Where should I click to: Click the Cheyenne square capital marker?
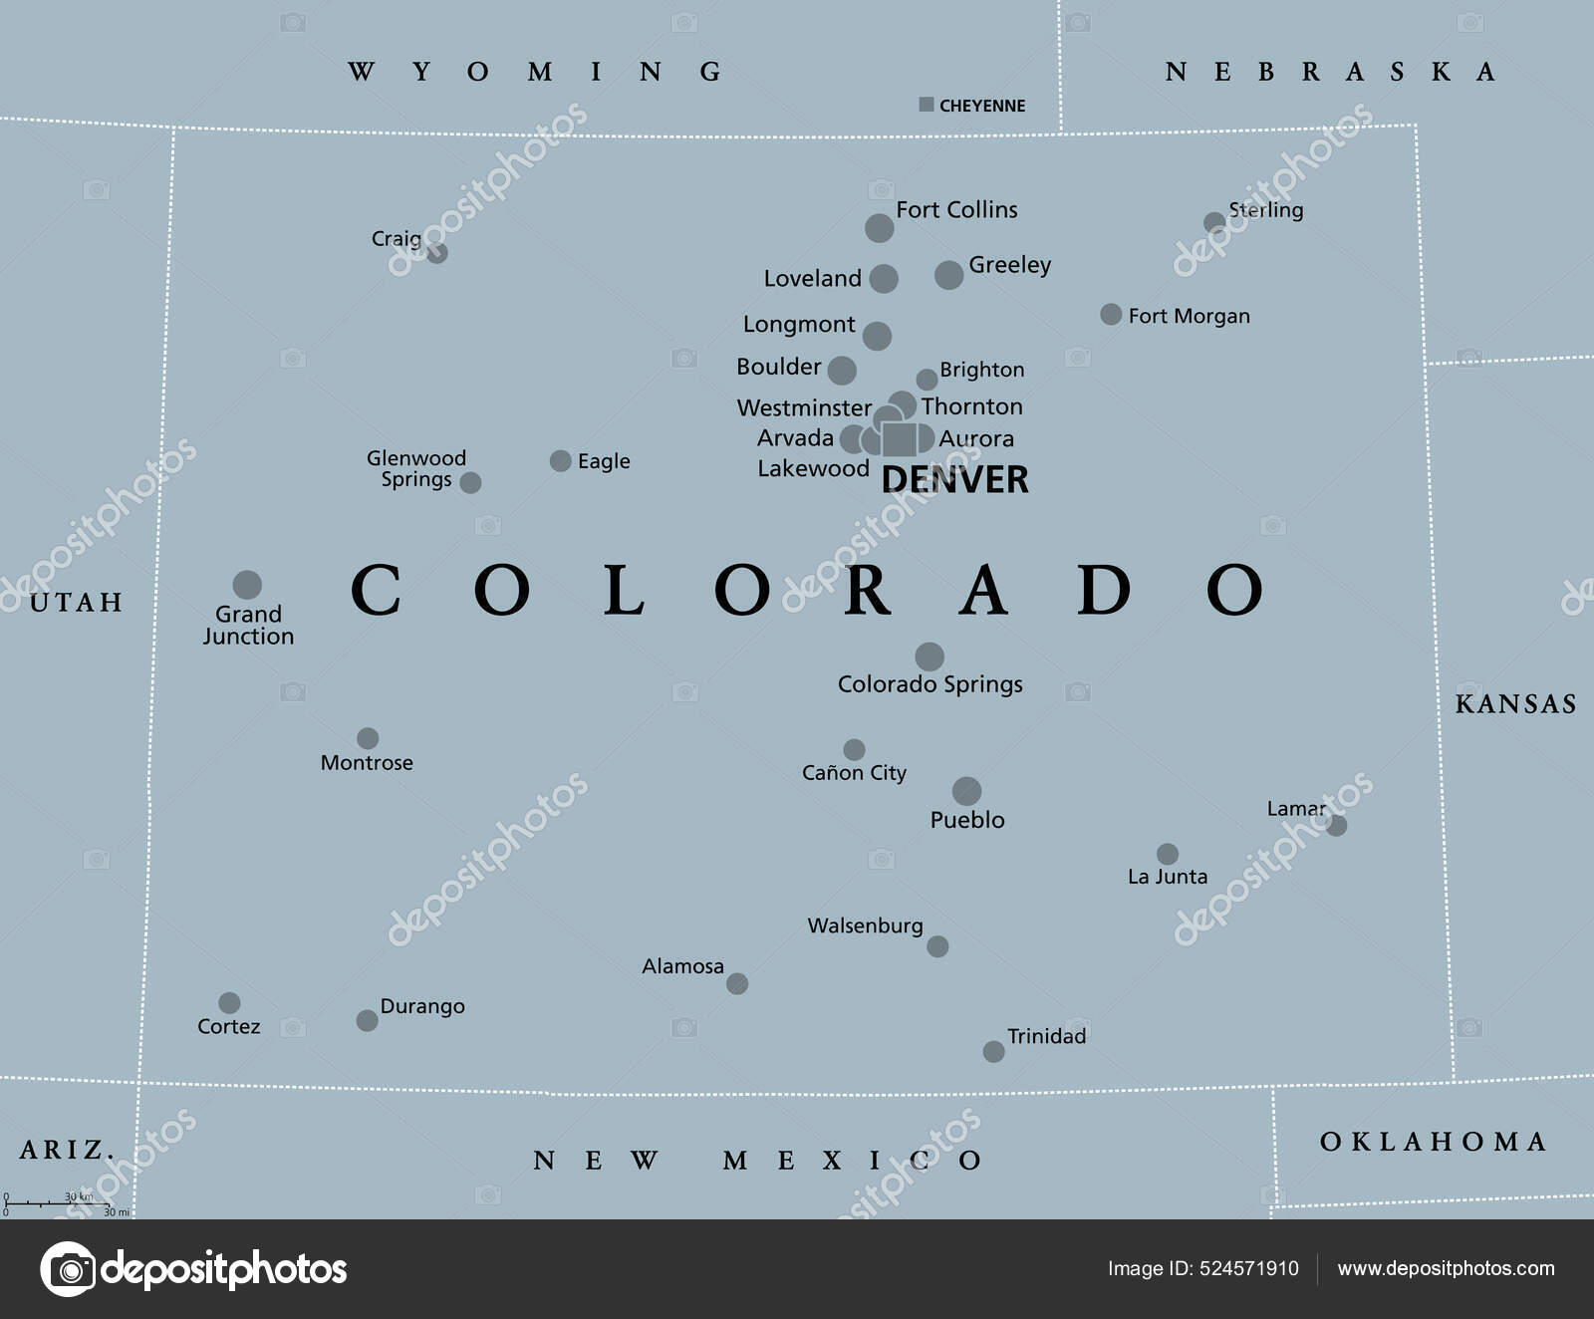point(927,105)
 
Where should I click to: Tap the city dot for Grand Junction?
point(247,585)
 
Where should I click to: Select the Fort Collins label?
point(956,210)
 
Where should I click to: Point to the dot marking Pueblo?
point(966,791)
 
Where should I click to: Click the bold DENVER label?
point(954,480)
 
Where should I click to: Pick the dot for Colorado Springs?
point(930,657)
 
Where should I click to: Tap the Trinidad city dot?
point(993,1051)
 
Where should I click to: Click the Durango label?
point(422,1006)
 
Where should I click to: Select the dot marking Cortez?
point(229,1002)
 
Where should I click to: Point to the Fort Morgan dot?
point(1111,315)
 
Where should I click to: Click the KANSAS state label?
point(1515,704)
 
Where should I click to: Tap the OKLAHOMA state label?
point(1433,1142)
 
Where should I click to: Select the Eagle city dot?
point(561,460)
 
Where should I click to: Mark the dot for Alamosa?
point(737,984)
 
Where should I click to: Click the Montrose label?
point(367,763)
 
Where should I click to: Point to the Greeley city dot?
point(948,275)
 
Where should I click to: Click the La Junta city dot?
point(1168,854)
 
